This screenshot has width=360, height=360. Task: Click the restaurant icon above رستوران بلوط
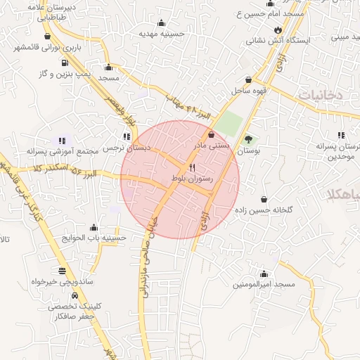point(192,168)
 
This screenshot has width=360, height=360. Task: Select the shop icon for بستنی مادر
point(212,134)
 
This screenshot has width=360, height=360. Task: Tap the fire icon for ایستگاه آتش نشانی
point(279,30)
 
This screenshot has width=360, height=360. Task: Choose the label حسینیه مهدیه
point(161,33)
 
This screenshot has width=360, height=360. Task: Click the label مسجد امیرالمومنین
point(264,285)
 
